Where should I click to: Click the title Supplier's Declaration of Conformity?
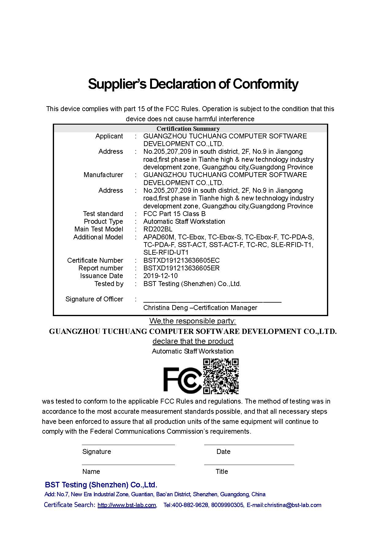193,84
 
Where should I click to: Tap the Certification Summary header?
188,129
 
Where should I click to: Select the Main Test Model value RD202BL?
158,229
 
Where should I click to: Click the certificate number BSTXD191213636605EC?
181,260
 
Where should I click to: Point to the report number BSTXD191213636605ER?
181,268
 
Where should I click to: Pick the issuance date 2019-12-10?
160,276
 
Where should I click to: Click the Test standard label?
103,214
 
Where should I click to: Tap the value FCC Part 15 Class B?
174,214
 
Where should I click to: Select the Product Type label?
103,221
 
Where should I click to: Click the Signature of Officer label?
94,299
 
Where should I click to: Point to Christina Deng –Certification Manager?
200,308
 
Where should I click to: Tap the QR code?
221,376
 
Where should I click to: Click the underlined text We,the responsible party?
192,321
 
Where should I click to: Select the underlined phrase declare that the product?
193,341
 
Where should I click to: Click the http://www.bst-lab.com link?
126,505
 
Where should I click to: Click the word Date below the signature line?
223,451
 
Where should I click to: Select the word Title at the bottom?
222,471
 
